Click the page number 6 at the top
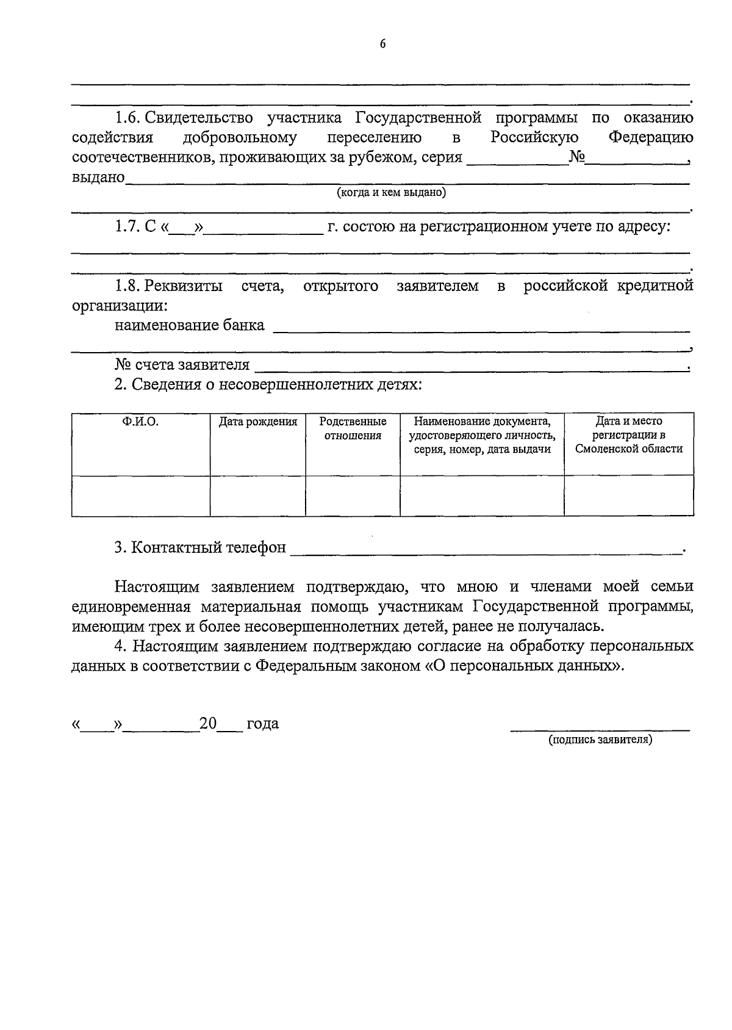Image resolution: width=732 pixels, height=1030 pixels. [x=382, y=43]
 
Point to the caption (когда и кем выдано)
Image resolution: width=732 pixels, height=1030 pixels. [x=391, y=193]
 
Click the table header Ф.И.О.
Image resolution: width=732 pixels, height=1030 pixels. [x=140, y=422]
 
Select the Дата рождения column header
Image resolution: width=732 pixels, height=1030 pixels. [x=258, y=422]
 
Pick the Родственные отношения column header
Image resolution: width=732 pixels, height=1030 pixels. [x=353, y=428]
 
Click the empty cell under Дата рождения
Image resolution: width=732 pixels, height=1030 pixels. [x=258, y=495]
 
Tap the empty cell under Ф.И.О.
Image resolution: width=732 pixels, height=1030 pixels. [x=140, y=495]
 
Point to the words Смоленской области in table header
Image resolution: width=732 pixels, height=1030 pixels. [x=628, y=449]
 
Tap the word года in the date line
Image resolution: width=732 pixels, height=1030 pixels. [x=262, y=724]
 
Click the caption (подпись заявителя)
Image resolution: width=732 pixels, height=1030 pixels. [x=600, y=740]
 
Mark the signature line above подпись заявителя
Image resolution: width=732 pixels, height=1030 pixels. [x=600, y=729]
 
